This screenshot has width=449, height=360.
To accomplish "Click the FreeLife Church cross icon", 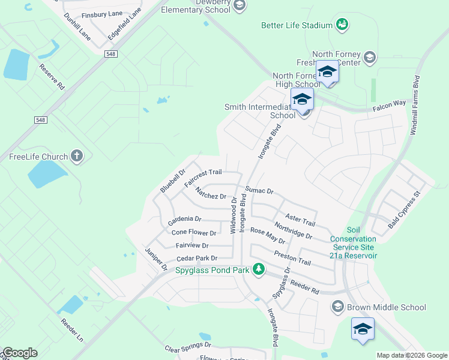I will click(x=76, y=157).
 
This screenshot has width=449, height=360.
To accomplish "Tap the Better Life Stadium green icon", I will click(x=342, y=25).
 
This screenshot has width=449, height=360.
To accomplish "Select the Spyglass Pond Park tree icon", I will click(x=259, y=269).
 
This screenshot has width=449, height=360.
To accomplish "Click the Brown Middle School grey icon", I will click(x=337, y=307).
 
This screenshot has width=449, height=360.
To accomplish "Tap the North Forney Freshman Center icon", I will click(x=370, y=58).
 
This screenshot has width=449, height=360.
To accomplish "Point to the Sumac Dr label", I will click(x=259, y=190).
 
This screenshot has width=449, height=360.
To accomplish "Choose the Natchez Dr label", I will click(x=210, y=193).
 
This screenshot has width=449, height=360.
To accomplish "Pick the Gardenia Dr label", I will click(x=184, y=219).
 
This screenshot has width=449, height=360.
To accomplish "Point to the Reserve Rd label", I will click(x=52, y=77).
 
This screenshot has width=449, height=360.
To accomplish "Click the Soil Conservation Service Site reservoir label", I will click(x=353, y=243).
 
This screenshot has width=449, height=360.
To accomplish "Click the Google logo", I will click(x=20, y=352).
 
